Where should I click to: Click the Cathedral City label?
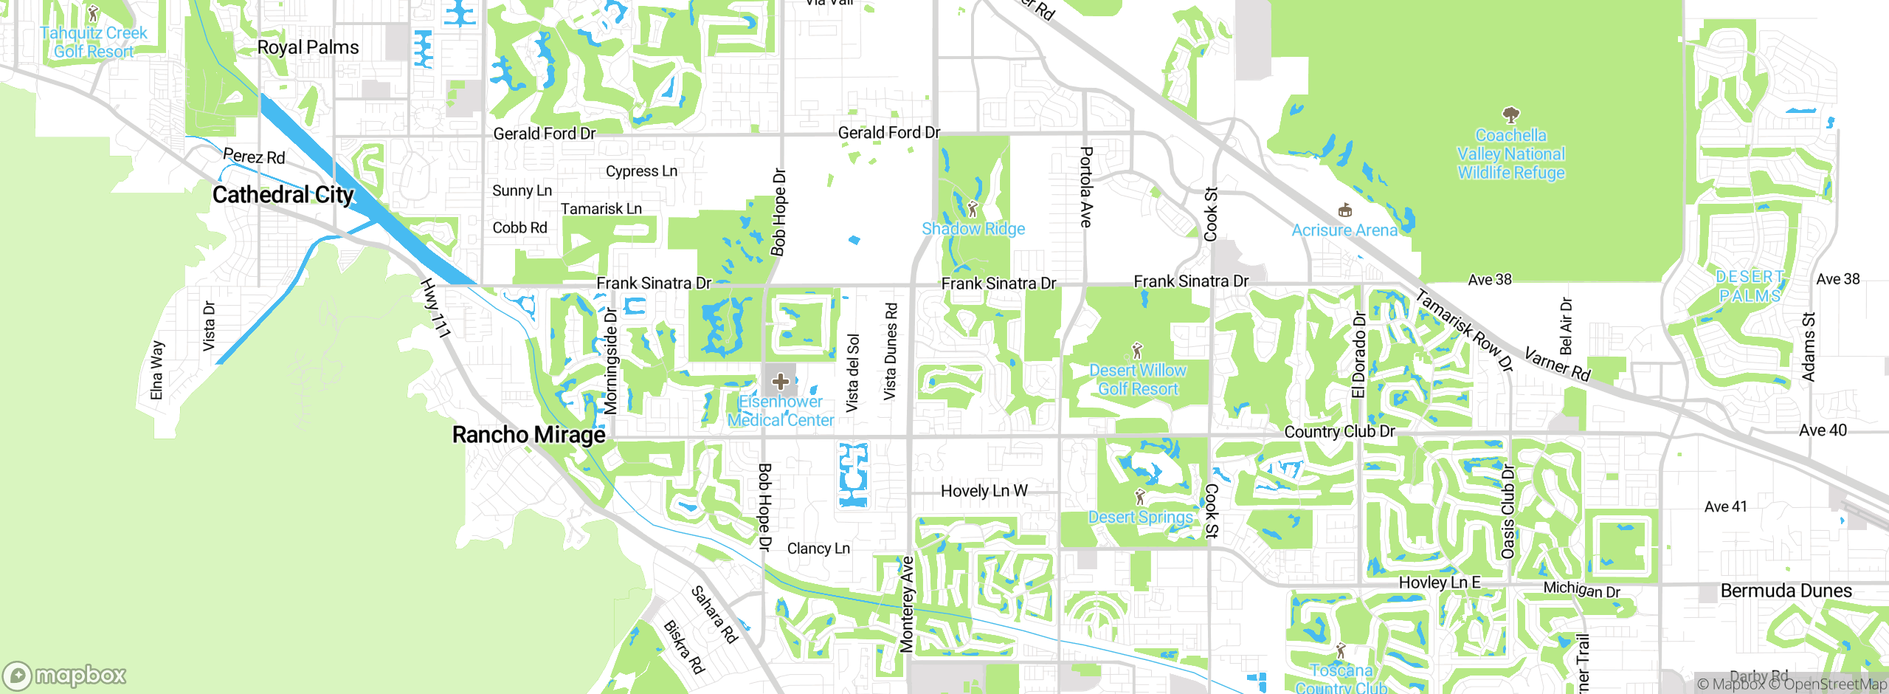click(283, 195)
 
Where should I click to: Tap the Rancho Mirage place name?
click(528, 435)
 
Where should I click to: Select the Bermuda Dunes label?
click(1786, 591)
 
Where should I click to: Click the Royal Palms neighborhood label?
click(308, 47)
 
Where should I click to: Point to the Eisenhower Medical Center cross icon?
click(781, 382)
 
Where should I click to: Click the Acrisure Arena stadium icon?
click(1344, 210)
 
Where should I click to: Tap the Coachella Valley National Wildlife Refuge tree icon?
click(1510, 114)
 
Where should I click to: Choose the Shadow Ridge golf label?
click(973, 229)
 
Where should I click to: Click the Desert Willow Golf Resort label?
click(1138, 379)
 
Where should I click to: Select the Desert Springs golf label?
click(1140, 517)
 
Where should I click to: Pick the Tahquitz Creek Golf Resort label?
click(94, 42)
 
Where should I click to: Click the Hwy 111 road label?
click(435, 309)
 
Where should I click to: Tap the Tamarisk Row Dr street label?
click(1465, 331)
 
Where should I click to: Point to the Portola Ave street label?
click(1086, 187)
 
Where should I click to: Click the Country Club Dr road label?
click(1339, 431)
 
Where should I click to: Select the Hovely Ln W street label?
click(984, 491)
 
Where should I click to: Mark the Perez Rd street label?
click(254, 157)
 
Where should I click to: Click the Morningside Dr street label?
click(611, 362)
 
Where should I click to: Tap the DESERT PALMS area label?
click(1750, 286)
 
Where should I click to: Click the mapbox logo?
click(65, 676)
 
